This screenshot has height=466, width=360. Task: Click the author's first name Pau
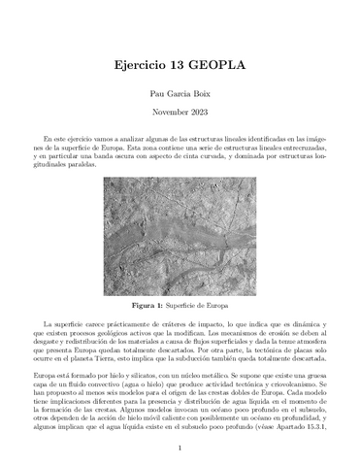coord(147,94)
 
